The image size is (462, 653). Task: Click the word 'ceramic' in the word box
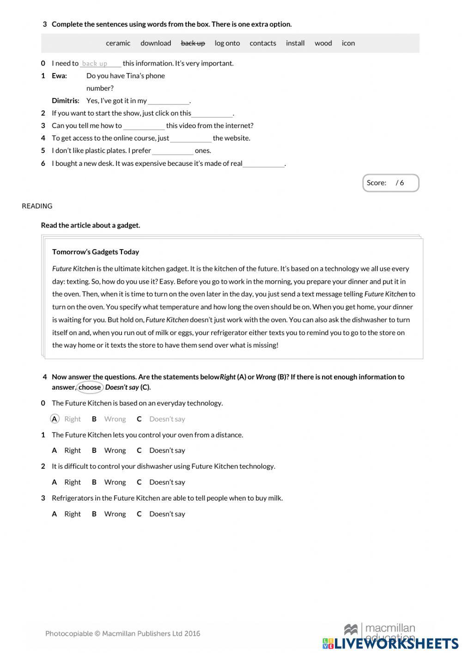(118, 43)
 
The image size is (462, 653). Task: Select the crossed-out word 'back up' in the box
(193, 43)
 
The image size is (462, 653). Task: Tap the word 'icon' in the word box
(348, 43)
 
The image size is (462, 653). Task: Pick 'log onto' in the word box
(227, 43)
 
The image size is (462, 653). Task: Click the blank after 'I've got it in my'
(169, 101)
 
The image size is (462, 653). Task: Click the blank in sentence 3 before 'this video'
(144, 126)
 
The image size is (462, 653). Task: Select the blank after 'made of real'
(264, 164)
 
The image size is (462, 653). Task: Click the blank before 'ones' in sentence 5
(172, 151)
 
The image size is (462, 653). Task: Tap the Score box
(390, 183)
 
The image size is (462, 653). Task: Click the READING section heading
(37, 206)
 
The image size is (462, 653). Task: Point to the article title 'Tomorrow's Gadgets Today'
(96, 252)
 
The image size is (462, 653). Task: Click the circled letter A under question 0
(55, 419)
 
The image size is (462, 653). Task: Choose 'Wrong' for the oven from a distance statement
(115, 451)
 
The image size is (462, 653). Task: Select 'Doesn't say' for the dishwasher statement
(167, 482)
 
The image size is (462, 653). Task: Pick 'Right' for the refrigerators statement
(72, 514)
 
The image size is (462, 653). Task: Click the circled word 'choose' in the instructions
(90, 387)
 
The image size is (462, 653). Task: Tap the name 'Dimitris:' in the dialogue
(66, 101)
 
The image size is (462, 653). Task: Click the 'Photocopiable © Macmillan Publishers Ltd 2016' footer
(122, 634)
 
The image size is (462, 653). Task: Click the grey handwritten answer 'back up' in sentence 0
(95, 64)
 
